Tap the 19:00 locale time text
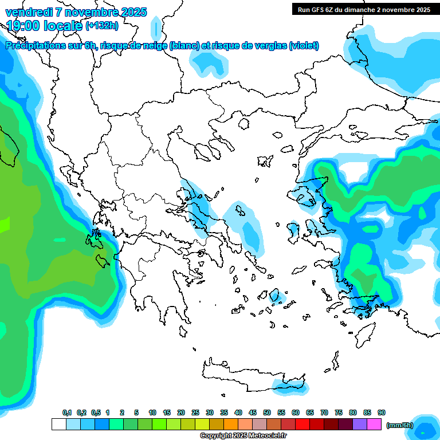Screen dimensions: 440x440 point(44,25)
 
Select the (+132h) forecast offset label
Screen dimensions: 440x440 point(102,25)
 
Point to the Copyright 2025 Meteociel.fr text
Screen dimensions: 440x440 point(243,436)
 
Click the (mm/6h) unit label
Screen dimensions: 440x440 point(399,425)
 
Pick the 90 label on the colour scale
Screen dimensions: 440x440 point(382,412)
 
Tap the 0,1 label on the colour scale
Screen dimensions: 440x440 point(66,412)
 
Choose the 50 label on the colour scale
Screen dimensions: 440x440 point(267,412)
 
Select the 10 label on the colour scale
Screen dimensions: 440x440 point(152,412)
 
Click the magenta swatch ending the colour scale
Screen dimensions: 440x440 point(374,425)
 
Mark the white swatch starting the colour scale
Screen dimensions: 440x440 point(59,425)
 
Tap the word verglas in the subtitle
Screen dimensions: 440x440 point(269,46)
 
